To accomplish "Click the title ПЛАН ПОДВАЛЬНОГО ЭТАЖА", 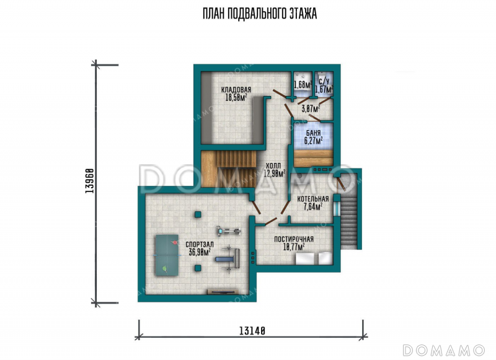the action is (x=260, y=14).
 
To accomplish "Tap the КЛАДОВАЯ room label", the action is (x=236, y=90).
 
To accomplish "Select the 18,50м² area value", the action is (x=236, y=97).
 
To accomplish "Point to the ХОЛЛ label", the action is (x=273, y=165).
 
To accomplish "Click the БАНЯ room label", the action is (x=313, y=133).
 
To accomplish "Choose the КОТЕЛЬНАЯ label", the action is (x=313, y=199).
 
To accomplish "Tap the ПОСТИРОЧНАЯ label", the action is (x=294, y=239).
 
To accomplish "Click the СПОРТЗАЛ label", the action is (x=199, y=244).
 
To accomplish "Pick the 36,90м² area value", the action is (x=200, y=252).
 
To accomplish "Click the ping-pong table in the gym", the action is (x=166, y=255).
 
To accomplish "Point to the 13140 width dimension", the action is (x=252, y=331).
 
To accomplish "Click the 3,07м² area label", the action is (x=311, y=108).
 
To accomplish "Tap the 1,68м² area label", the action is (x=303, y=84).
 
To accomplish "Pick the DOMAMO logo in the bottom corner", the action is (x=444, y=350).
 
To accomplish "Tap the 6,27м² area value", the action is (x=314, y=141).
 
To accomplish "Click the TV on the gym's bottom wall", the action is (x=223, y=292).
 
